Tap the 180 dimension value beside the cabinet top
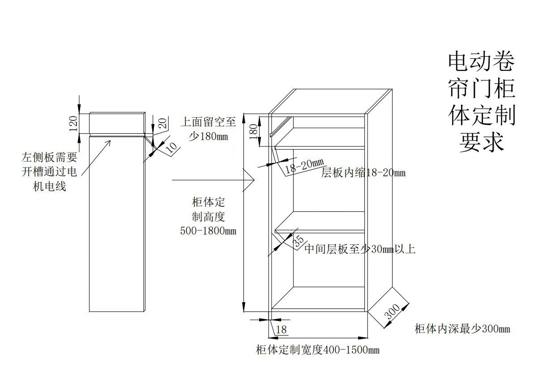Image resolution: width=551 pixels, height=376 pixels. coord(253,132)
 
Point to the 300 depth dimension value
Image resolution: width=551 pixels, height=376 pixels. coord(392,312)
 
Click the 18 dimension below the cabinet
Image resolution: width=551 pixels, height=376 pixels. coord(281,330)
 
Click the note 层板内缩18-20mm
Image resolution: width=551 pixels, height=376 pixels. coord(363,173)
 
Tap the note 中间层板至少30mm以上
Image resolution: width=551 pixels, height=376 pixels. coord(359,249)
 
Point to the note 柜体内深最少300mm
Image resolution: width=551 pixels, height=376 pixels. coord(462,329)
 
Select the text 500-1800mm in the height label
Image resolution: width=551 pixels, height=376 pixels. coord(208,231)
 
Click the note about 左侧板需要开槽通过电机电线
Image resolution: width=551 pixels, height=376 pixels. coord(50,172)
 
